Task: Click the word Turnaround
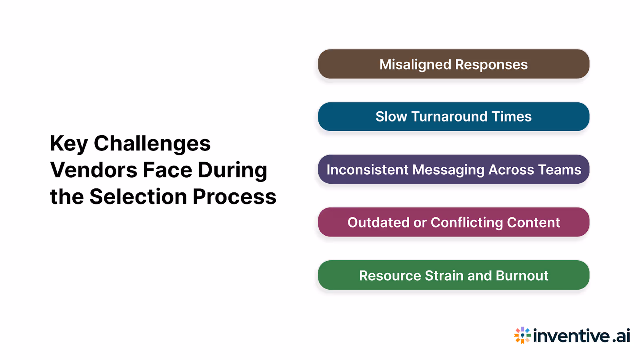[449, 117]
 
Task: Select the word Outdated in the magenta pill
[378, 222]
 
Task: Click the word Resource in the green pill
[390, 276]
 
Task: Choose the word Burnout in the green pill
[522, 276]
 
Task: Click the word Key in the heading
[69, 144]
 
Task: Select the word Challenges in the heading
[152, 143]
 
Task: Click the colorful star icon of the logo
[522, 335]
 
